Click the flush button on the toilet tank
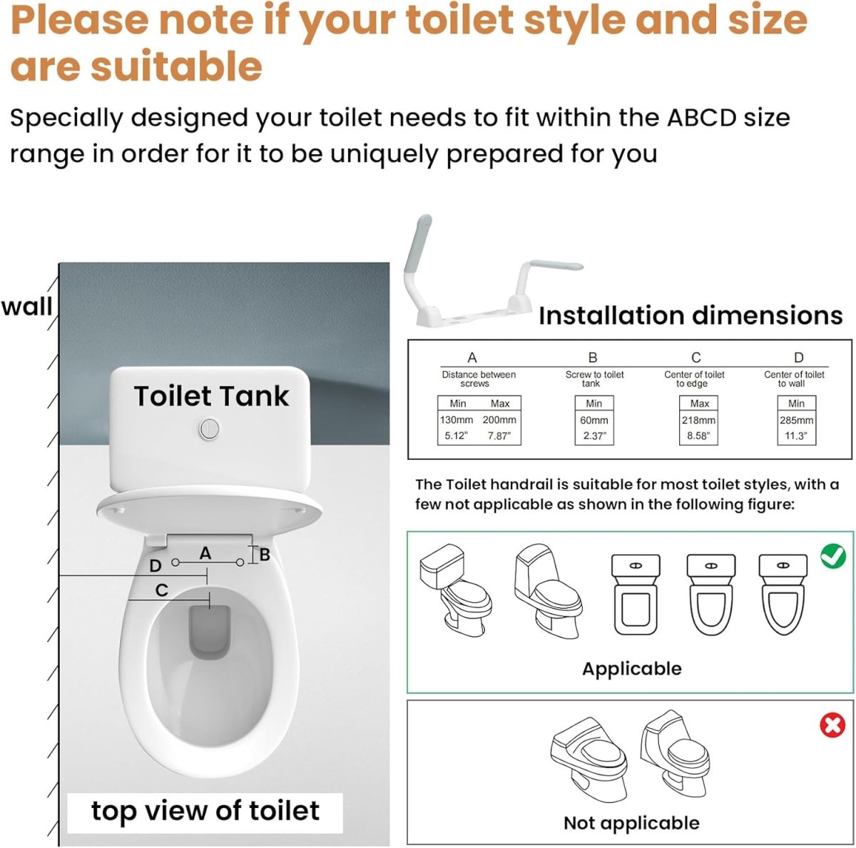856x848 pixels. click(x=208, y=428)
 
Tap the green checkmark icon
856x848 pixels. click(x=832, y=555)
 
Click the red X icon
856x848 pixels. click(x=832, y=726)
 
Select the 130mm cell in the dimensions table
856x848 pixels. click(x=457, y=420)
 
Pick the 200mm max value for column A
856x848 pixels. click(x=499, y=420)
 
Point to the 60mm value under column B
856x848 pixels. click(x=593, y=420)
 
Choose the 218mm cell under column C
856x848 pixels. click(x=698, y=420)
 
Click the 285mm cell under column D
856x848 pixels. click(x=796, y=420)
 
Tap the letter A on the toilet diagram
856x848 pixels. click(x=205, y=553)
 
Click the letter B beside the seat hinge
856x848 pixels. click(x=265, y=555)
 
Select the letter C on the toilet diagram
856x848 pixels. click(x=162, y=590)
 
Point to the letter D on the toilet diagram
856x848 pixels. click(x=155, y=566)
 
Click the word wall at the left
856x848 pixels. click(x=26, y=306)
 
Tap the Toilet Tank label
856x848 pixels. click(x=211, y=396)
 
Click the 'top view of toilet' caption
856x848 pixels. click(x=205, y=811)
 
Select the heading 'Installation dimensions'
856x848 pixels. click(x=690, y=316)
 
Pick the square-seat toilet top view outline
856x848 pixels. click(x=636, y=595)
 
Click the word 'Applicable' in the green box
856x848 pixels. click(x=631, y=669)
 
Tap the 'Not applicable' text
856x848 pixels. click(x=631, y=823)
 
